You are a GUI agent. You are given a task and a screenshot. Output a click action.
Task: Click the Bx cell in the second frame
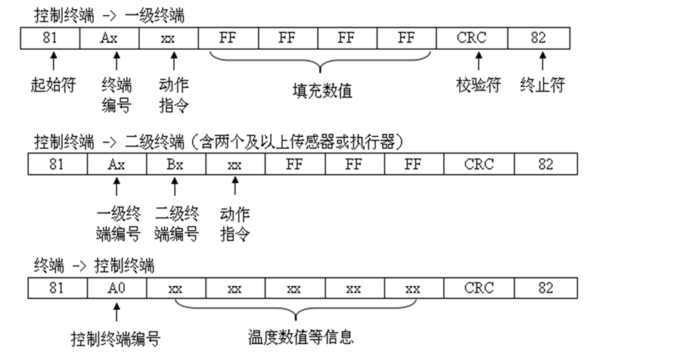point(175,163)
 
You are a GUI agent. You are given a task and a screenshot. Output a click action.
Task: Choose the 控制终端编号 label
point(116,335)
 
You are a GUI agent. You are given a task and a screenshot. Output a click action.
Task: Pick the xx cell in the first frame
point(168,37)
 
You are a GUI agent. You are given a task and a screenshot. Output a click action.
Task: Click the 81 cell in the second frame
point(57,163)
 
